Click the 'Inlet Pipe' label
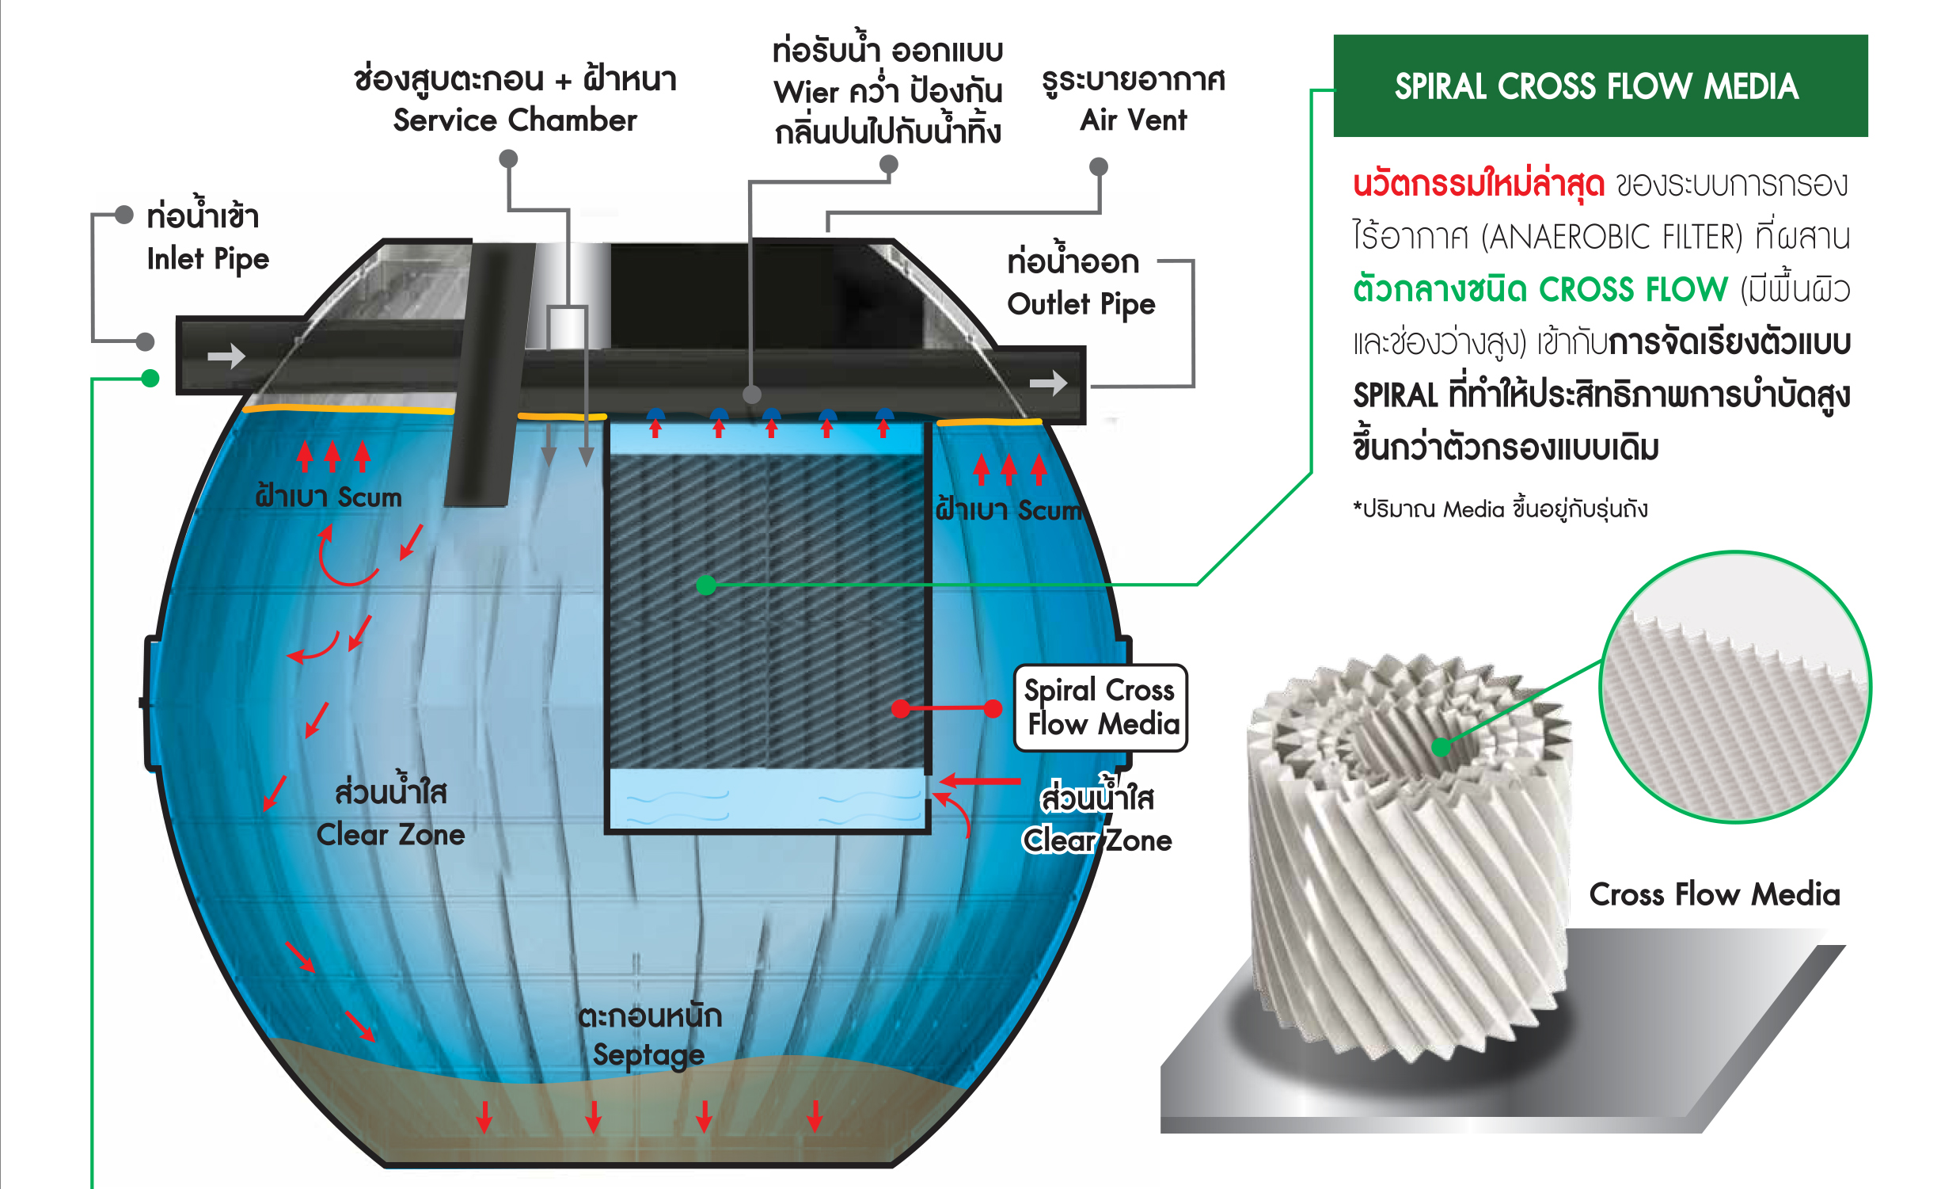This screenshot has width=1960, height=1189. click(207, 260)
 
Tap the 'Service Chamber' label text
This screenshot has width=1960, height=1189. click(515, 120)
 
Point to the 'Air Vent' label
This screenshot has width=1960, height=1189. click(1133, 120)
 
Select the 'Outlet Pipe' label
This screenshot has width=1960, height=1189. click(1081, 304)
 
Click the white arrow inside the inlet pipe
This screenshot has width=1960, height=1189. click(226, 356)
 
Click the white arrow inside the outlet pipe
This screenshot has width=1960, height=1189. click(1047, 383)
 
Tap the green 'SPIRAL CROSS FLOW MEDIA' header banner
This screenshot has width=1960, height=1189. click(1600, 86)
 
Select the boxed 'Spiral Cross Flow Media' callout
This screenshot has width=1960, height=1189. click(1101, 707)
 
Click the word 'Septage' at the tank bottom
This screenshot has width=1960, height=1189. click(648, 1054)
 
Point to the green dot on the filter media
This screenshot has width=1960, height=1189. click(705, 585)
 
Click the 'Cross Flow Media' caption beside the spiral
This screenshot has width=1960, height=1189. click(1714, 894)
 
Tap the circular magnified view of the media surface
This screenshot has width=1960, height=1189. click(1736, 687)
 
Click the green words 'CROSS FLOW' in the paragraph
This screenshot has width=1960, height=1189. click(1633, 290)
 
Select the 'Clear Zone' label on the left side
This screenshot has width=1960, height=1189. click(389, 835)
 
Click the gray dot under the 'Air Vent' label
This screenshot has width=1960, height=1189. click(1099, 166)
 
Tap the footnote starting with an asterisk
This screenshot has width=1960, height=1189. click(1499, 509)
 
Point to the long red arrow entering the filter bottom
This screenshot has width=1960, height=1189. click(980, 781)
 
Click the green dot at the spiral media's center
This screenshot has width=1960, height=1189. click(1441, 746)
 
